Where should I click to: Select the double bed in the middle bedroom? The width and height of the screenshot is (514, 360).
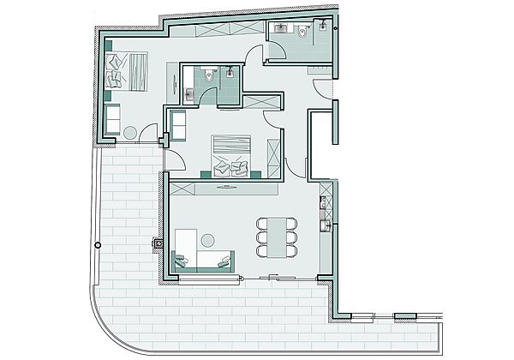point(232,155)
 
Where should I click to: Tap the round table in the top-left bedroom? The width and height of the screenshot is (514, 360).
point(130,133)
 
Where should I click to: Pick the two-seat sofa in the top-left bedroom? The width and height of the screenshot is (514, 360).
point(111,117)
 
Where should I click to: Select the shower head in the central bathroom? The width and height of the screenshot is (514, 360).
point(230,74)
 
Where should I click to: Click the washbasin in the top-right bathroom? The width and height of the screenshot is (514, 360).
point(280,28)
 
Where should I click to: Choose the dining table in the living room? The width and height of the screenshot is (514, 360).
point(276,236)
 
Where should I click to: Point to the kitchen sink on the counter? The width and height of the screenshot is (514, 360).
point(326,226)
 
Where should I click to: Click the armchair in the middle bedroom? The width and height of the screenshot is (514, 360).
point(178,125)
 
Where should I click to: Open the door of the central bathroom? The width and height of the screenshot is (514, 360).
point(207,98)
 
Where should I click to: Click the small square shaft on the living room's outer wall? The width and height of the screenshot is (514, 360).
point(158,243)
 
